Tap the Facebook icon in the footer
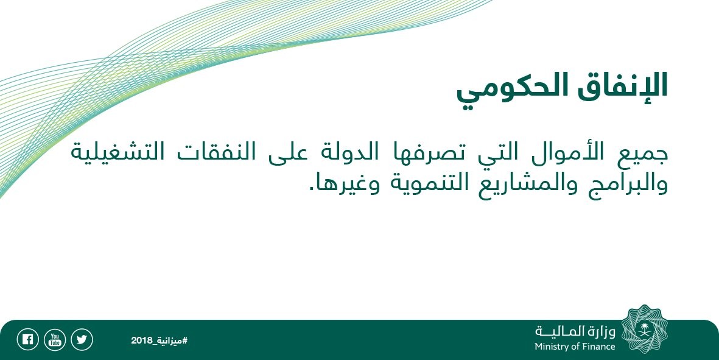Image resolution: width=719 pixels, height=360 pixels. [27, 340]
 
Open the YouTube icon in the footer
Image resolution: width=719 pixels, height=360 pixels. [55, 340]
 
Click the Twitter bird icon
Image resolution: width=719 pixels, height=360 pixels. [82, 340]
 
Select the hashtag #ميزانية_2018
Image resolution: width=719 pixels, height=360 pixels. [159, 341]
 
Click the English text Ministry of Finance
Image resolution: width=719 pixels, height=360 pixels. [575, 347]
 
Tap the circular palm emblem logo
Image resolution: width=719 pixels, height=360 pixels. [645, 330]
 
